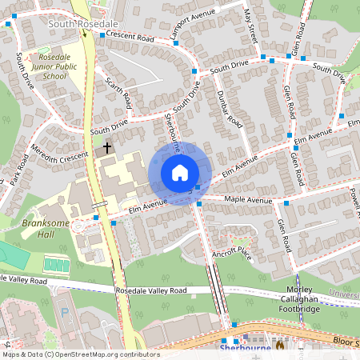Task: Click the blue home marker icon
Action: pyautogui.click(x=180, y=171)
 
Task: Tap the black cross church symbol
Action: pyautogui.click(x=106, y=148)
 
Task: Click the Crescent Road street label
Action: pyautogui.click(x=130, y=37)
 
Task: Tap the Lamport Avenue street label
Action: pyautogui.click(x=193, y=29)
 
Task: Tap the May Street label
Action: pyautogui.click(x=249, y=25)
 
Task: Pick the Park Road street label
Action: pyautogui.click(x=17, y=167)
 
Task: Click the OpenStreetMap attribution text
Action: pyautogui.click(x=80, y=354)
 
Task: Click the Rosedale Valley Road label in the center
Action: pyautogui.click(x=150, y=290)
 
